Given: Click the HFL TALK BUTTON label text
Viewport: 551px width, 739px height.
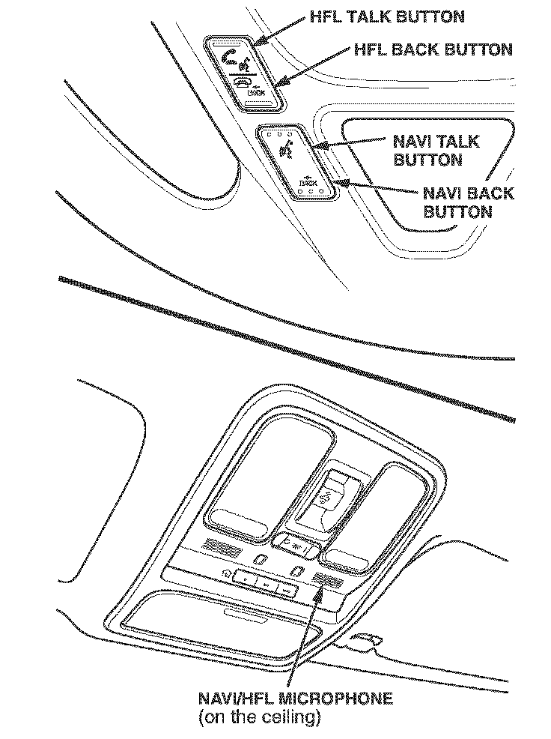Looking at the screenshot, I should pos(386,16).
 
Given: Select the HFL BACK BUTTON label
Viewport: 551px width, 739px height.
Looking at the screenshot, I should pos(433,49).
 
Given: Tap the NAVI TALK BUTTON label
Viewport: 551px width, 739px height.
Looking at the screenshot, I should pos(436,150).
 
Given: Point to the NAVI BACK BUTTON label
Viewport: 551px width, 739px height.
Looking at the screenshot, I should pos(469,202).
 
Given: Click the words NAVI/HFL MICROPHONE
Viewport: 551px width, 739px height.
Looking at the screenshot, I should pos(295,699).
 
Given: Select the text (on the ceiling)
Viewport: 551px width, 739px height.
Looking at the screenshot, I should pos(259,717).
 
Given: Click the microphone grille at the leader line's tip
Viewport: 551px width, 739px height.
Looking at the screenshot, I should pos(326,579).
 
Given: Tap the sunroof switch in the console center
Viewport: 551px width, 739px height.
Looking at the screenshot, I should pos(327,496).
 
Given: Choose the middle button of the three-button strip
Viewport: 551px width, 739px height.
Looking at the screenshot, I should pos(267,580).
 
